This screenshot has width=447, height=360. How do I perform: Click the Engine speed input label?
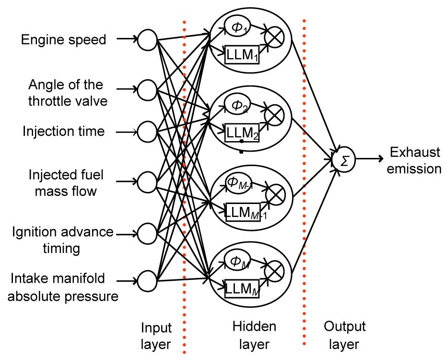[63, 39]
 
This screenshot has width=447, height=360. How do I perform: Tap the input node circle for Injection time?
[147, 131]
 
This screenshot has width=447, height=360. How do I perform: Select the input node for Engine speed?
[147, 40]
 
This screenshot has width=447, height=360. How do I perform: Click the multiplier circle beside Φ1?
[276, 36]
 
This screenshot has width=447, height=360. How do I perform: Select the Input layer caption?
[156, 336]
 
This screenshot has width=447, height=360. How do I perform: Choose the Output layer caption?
[344, 335]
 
